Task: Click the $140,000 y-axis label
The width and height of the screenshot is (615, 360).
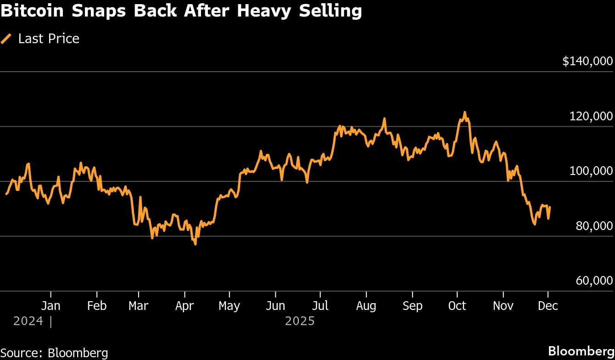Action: [x=587, y=61]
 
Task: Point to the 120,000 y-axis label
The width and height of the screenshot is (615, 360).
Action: [x=591, y=116]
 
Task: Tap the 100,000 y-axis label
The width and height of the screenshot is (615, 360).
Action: [x=591, y=171]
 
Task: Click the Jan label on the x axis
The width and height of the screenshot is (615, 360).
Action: [x=50, y=306]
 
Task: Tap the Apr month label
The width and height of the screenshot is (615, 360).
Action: [x=184, y=306]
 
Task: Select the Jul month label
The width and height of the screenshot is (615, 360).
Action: [x=320, y=306]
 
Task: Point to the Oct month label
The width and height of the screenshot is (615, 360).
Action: [x=457, y=306]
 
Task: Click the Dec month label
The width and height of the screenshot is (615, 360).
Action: [x=548, y=306]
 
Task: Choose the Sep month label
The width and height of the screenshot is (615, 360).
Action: [x=412, y=306]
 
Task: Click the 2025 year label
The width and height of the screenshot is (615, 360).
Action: [x=300, y=321]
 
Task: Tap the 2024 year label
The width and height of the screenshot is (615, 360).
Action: [x=28, y=321]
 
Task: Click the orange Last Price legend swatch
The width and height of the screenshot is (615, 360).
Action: [x=6, y=39]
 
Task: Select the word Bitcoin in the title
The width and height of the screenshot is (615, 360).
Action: [x=32, y=11]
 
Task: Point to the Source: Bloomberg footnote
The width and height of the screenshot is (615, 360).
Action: [x=54, y=353]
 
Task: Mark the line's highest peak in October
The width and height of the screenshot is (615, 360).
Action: [x=464, y=112]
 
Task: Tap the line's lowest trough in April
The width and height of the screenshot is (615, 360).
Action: [x=196, y=244]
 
